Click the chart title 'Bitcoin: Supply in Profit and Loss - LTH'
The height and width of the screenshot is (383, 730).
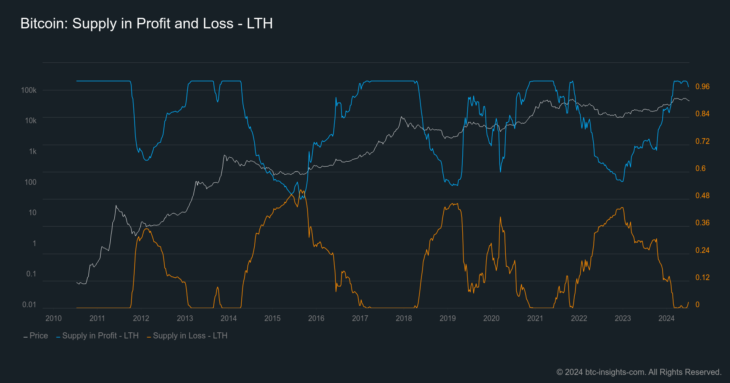click(146, 24)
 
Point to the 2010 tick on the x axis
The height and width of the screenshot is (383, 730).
click(54, 318)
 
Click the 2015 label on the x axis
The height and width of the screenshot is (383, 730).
click(273, 318)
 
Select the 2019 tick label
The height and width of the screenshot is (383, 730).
click(448, 318)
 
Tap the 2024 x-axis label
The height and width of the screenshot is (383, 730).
click(666, 318)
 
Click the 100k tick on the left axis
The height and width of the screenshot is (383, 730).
click(29, 90)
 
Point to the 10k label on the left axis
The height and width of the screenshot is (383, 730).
click(30, 120)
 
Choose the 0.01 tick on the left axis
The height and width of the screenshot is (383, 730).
click(29, 304)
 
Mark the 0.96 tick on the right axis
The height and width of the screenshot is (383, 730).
click(702, 86)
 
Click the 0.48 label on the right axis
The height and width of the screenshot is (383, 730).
click(702, 195)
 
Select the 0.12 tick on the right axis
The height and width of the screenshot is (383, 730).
click(702, 277)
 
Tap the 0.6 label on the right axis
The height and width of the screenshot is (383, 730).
click(700, 168)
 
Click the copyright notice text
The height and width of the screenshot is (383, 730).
click(639, 372)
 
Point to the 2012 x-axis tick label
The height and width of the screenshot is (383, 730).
click(141, 318)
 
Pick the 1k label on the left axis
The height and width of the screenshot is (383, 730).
click(32, 151)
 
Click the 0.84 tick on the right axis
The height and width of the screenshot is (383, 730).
click(702, 113)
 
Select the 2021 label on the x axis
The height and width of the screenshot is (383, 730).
click(535, 318)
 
